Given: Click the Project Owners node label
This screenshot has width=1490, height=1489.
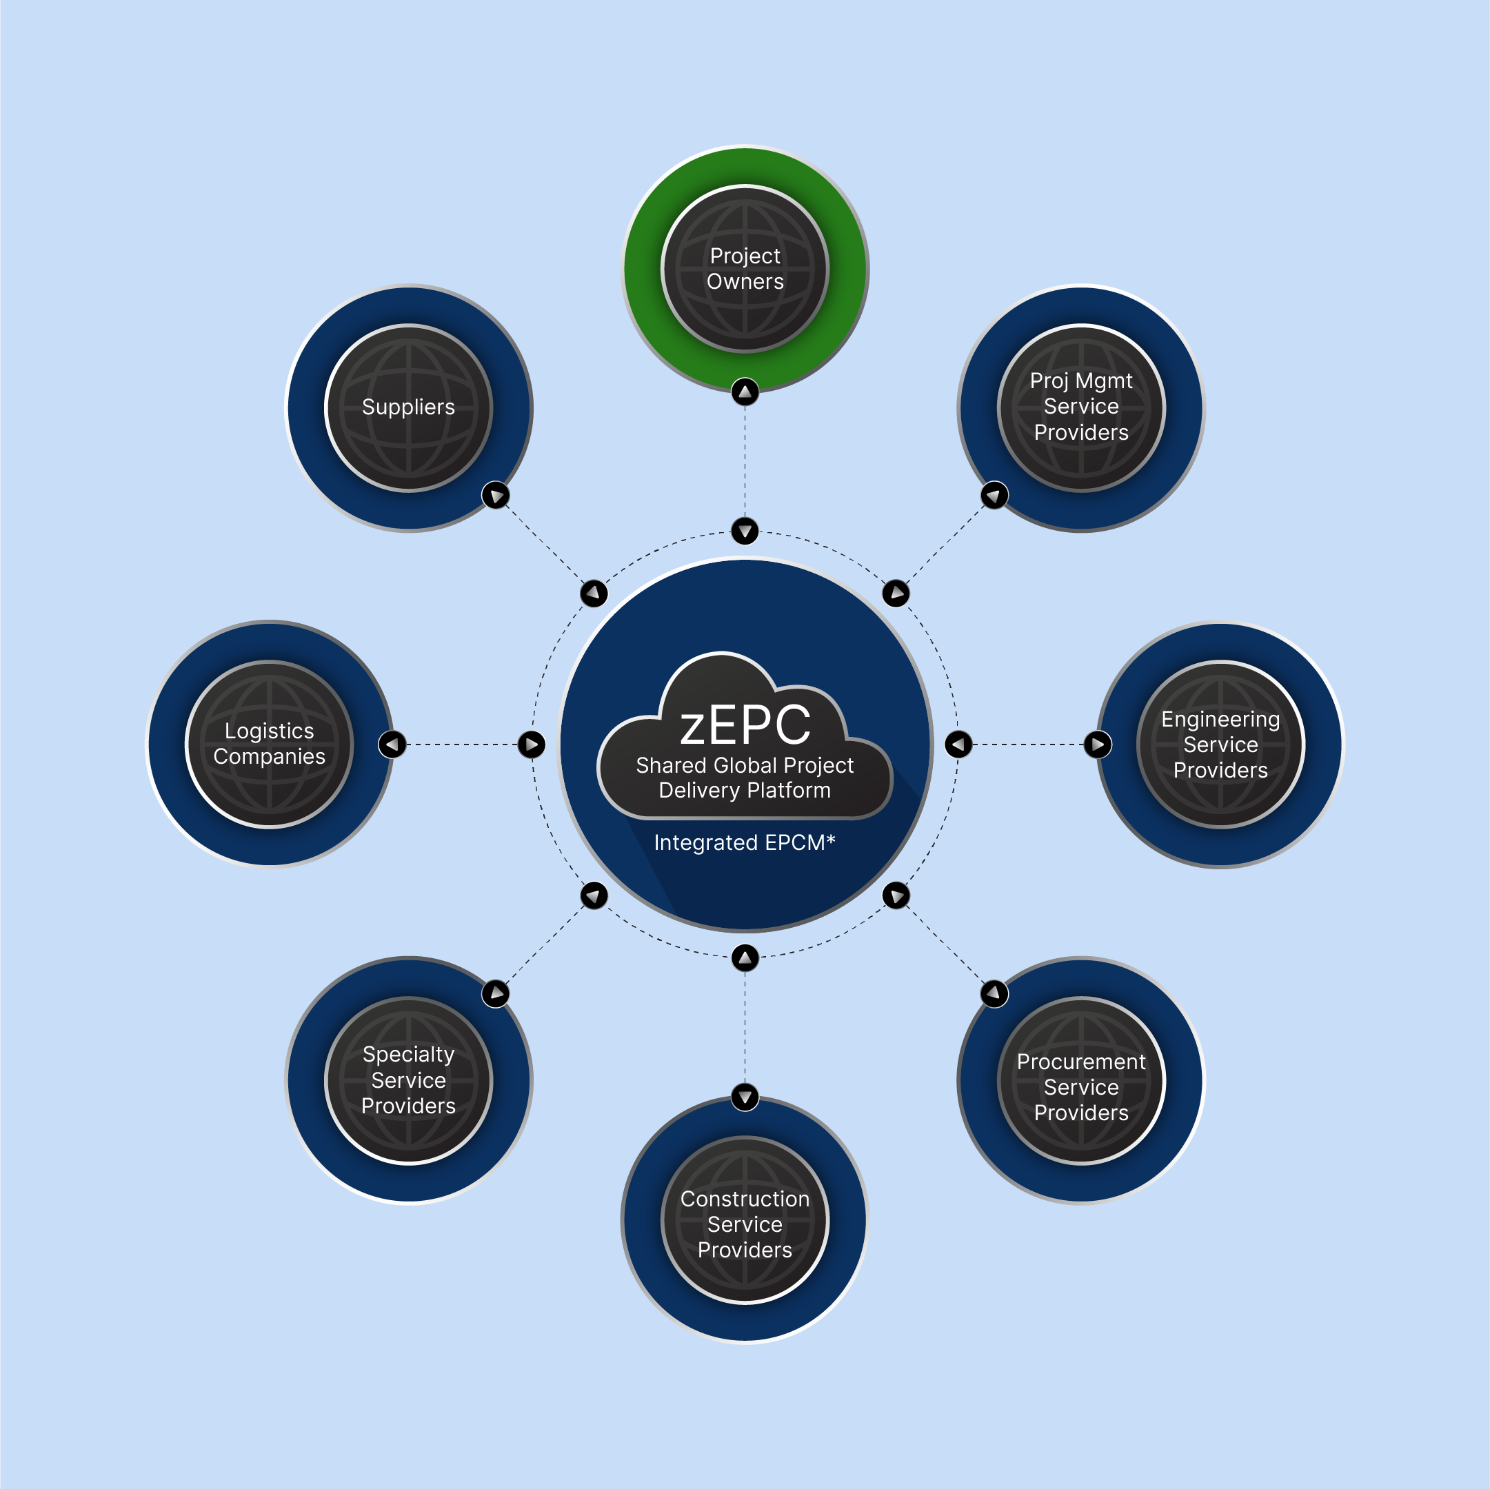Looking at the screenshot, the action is pyautogui.click(x=745, y=268).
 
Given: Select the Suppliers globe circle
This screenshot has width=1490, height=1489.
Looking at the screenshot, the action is pyautogui.click(x=409, y=407).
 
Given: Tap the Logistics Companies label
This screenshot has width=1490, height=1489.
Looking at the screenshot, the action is pyautogui.click(x=269, y=743).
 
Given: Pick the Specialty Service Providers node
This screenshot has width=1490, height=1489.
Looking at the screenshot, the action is pyautogui.click(x=409, y=1080).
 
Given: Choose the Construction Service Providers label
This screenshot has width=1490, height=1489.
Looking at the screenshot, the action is pyautogui.click(x=745, y=1224).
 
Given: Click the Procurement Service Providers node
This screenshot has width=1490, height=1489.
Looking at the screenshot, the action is pyautogui.click(x=1081, y=1086).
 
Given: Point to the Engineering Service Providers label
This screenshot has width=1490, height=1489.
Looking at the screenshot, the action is pyautogui.click(x=1220, y=744).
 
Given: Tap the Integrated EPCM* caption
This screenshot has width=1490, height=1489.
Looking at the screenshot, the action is pyautogui.click(x=744, y=842).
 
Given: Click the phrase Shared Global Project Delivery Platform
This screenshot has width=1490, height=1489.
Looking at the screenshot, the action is pyautogui.click(x=744, y=778).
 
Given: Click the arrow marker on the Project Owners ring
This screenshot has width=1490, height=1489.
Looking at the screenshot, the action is pyautogui.click(x=745, y=392).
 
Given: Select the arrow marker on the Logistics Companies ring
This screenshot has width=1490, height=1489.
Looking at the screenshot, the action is pyautogui.click(x=392, y=744).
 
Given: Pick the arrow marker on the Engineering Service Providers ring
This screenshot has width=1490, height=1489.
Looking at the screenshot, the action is pyautogui.click(x=1098, y=744).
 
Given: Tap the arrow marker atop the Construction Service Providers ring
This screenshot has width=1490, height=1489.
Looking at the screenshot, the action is pyautogui.click(x=745, y=1096).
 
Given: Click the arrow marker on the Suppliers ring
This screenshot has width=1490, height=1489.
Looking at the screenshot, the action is pyautogui.click(x=495, y=494).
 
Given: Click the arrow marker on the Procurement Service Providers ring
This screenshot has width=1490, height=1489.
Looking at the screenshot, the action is pyautogui.click(x=994, y=993).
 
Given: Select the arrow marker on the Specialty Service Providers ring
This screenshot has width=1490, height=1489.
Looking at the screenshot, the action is pyautogui.click(x=495, y=993).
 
